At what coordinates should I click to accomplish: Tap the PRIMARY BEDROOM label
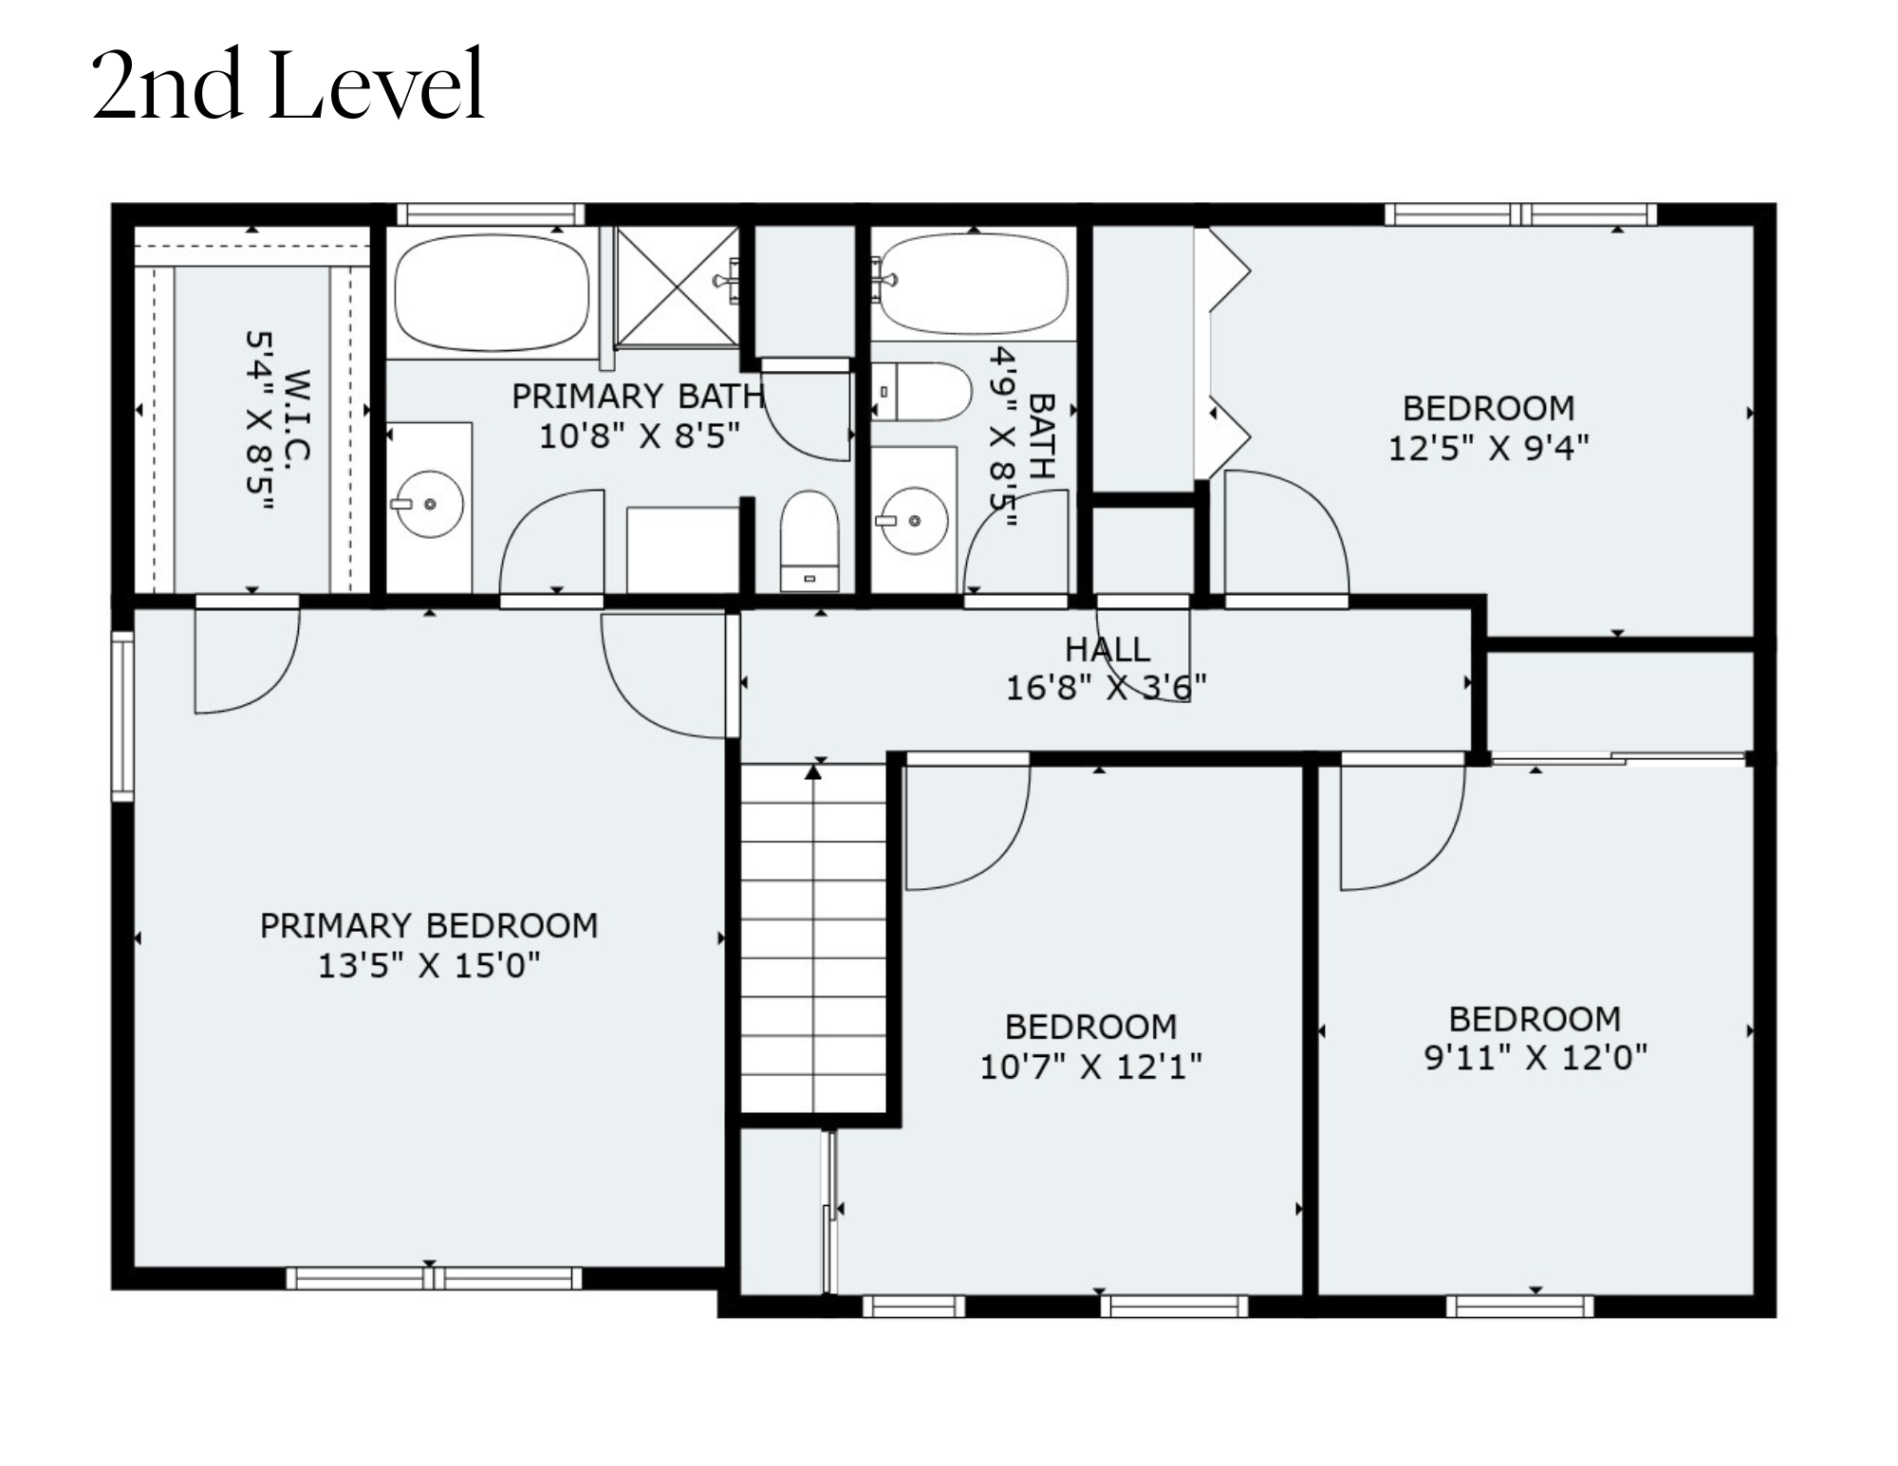pyautogui.click(x=429, y=925)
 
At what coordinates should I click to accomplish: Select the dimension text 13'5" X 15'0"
pyautogui.click(x=429, y=966)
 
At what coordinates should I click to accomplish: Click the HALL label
pyautogui.click(x=1107, y=649)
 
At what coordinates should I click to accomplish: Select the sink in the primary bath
pyautogui.click(x=429, y=504)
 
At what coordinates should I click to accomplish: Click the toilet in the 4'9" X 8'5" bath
pyautogui.click(x=921, y=391)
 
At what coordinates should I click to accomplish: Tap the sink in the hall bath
pyautogui.click(x=912, y=521)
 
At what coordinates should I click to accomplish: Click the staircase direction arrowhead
pyautogui.click(x=813, y=772)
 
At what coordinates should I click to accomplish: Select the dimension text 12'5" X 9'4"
pyautogui.click(x=1488, y=448)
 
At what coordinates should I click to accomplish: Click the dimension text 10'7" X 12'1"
pyautogui.click(x=1090, y=1067)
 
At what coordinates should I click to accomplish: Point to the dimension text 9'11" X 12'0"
pyautogui.click(x=1535, y=1057)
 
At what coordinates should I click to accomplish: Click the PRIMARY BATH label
pyautogui.click(x=639, y=396)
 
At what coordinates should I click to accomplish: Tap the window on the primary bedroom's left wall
pyautogui.click(x=122, y=716)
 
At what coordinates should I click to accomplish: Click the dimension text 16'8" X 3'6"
pyautogui.click(x=1107, y=687)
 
